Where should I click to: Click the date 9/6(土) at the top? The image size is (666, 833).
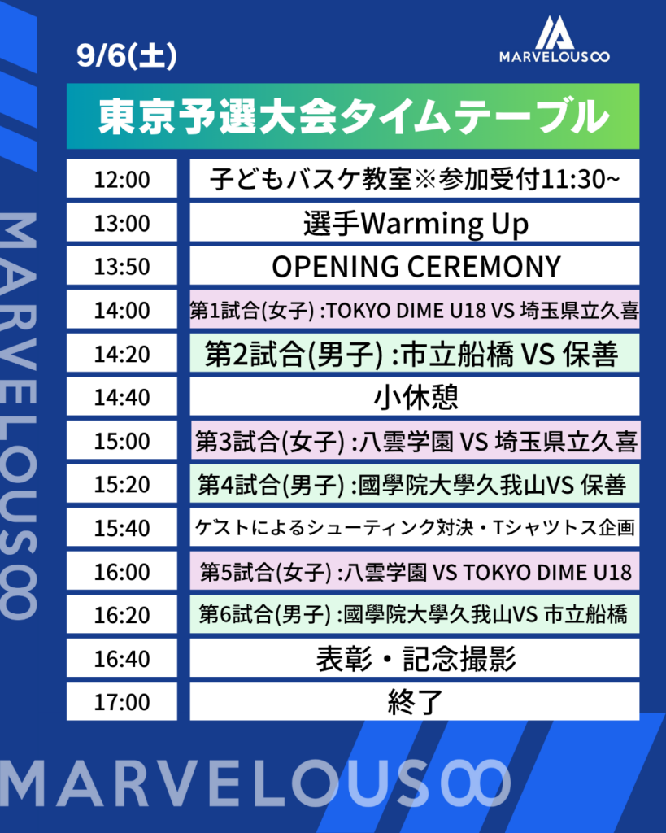pos(126,56)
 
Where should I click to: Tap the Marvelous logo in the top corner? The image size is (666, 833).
pos(554,39)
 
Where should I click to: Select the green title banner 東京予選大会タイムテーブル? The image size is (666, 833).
pos(353,116)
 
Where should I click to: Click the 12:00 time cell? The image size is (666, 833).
pos(122,178)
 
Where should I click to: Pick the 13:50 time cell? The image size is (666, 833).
pos(122,266)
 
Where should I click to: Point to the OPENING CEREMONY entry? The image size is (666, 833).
pos(415,266)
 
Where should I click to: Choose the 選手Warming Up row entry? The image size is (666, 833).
pos(415,222)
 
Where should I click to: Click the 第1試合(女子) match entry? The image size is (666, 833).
pos(415,309)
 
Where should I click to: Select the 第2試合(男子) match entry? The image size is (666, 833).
pos(415,353)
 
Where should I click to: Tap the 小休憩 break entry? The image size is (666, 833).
pos(415,396)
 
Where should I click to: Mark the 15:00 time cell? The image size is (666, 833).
pos(122,440)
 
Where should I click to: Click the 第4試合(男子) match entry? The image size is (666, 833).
pos(415,483)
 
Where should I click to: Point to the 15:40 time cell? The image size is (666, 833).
pos(122,527)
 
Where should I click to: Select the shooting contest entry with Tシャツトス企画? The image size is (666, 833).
pos(415,527)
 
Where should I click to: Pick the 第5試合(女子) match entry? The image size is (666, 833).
pos(415,570)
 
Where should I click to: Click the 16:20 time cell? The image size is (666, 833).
pos(122,614)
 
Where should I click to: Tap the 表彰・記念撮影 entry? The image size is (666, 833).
pos(415,657)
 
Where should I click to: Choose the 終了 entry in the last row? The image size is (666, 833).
pos(415,701)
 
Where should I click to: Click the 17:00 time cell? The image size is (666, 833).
pos(122,701)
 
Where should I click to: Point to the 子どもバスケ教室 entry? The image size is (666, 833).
pos(415,178)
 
